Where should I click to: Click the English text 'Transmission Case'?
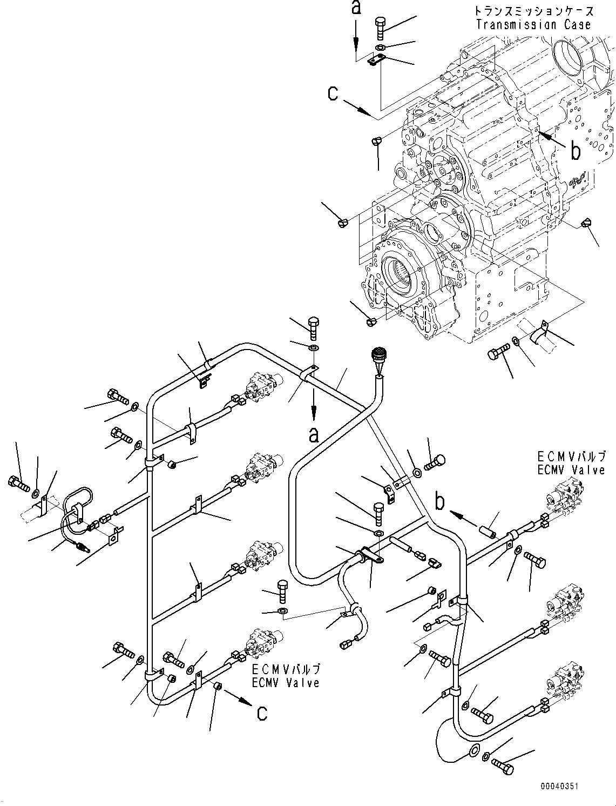tap(533, 24)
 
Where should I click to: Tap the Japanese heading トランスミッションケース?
tap(534, 11)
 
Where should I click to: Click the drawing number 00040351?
tap(558, 786)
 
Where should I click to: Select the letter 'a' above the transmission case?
tap(356, 8)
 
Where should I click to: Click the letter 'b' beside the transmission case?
tap(576, 152)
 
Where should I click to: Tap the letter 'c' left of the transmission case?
tap(333, 93)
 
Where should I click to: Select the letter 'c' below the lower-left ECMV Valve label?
tap(261, 713)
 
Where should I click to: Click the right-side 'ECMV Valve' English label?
tap(571, 470)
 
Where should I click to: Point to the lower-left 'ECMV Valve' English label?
tap(286, 683)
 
